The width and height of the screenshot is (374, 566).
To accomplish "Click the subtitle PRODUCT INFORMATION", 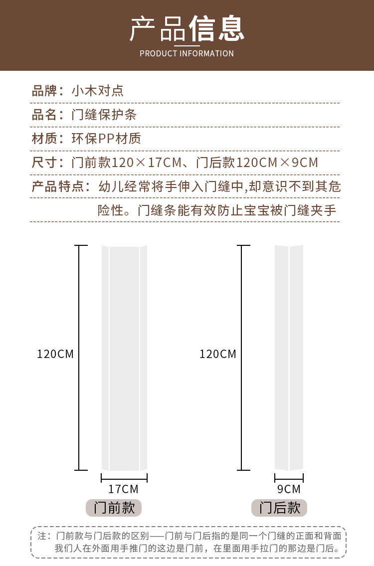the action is point(187,53).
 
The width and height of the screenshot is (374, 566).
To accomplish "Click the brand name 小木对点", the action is point(97,91).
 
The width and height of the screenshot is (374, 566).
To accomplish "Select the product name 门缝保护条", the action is point(104,115).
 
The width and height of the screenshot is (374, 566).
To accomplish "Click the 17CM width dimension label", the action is point(123,489).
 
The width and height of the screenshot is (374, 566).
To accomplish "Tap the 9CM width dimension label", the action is point(289,489).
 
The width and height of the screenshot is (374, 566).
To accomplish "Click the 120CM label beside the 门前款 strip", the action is point(55,354).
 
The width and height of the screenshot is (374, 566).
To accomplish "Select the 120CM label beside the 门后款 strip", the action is point(218,354).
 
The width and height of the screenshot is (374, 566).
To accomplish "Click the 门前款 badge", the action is point(114,508).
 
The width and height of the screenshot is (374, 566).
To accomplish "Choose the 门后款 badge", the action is point(279,508).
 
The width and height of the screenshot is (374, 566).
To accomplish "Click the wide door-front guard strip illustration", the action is point(124,358).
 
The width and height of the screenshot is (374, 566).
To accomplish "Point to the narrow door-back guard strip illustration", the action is point(289,358).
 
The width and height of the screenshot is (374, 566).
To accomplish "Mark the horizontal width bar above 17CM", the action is point(124,478).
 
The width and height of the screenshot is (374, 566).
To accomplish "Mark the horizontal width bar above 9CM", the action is point(289,478).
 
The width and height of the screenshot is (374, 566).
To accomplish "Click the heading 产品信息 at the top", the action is point(187,29).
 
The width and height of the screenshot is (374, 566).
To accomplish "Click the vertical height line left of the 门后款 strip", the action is point(242,358).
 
